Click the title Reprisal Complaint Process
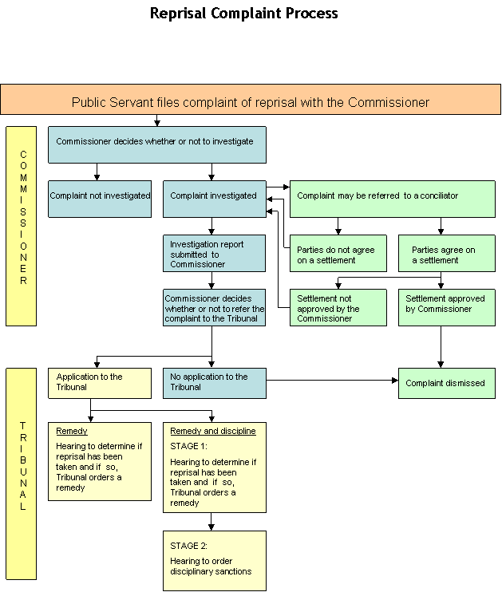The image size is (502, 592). point(243,14)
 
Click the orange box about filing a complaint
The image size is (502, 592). point(251,99)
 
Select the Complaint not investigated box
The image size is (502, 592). point(100,199)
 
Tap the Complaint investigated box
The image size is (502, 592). point(215,199)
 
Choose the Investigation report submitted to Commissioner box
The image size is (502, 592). point(214,254)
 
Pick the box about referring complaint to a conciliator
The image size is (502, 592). point(393,199)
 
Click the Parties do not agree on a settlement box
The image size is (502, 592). point(338,254)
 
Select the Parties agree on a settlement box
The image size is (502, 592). point(447,254)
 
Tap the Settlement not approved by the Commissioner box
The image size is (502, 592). point(338,308)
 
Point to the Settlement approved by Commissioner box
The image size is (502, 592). point(447,308)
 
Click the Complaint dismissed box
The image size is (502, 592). point(447,383)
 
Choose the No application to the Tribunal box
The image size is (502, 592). point(215,383)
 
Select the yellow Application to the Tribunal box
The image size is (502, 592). point(100,383)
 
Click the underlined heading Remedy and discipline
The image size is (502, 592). point(212,431)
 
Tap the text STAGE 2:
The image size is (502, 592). point(188,546)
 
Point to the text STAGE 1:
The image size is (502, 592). point(188,446)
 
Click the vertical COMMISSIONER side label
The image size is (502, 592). point(23,218)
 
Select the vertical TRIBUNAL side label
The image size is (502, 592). point(23,466)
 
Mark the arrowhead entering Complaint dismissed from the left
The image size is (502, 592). point(395,381)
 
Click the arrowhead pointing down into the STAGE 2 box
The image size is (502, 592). point(211,527)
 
